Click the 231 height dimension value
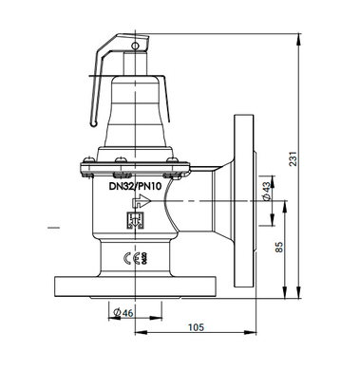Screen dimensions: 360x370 pyautogui.click(x=293, y=158)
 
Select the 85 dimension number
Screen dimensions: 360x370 pyautogui.click(x=279, y=247)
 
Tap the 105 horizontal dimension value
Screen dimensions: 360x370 pyautogui.click(x=196, y=326)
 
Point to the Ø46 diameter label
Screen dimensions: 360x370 pyautogui.click(x=123, y=313)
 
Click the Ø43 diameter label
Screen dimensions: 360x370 pyautogui.click(x=267, y=192)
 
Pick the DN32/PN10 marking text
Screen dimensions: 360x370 pyautogui.click(x=135, y=186)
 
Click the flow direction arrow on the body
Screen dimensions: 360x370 pyautogui.click(x=142, y=201)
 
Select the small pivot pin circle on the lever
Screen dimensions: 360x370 pyautogui.click(x=135, y=46)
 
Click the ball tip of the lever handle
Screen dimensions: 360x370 pyautogui.click(x=93, y=123)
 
